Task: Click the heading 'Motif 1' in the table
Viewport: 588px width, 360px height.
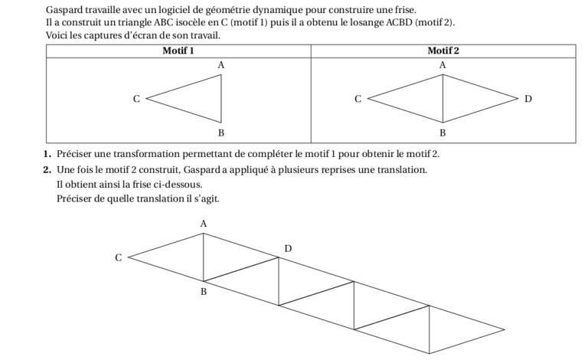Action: (178, 51)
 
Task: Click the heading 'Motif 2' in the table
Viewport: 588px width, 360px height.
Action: (443, 51)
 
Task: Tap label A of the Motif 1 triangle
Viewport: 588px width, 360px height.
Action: (220, 66)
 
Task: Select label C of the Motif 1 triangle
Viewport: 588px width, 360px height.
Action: (136, 99)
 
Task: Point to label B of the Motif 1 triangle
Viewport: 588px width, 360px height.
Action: (220, 133)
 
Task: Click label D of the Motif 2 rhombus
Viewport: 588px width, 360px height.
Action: (528, 99)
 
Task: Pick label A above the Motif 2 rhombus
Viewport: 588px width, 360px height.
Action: (442, 66)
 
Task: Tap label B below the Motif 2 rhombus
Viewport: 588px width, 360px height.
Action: (442, 133)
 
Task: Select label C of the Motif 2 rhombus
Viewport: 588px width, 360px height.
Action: (357, 99)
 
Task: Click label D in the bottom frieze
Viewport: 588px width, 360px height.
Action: (288, 248)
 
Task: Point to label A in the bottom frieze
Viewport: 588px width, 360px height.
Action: (203, 224)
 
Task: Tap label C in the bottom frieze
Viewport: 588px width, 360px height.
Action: (118, 258)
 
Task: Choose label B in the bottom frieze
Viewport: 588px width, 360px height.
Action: (203, 292)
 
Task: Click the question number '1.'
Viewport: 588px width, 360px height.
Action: (48, 155)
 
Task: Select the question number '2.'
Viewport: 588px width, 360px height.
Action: (48, 169)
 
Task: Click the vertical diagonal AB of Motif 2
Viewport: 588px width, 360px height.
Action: (443, 99)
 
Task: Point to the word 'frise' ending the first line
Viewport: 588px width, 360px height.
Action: (403, 10)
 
